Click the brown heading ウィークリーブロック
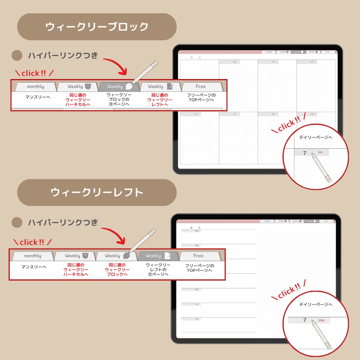pyautogui.click(x=97, y=27)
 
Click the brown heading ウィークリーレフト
pyautogui.click(x=97, y=193)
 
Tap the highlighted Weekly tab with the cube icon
pyautogui.click(x=119, y=86)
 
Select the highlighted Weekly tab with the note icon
pyautogui.click(x=158, y=256)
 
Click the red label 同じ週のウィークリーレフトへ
pyautogui.click(x=160, y=100)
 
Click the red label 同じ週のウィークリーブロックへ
pyautogui.click(x=119, y=270)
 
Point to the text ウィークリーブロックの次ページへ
pyautogui.click(x=119, y=100)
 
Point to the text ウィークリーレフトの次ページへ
pyautogui.click(x=158, y=270)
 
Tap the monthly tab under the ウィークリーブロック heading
pyautogui.click(x=35, y=86)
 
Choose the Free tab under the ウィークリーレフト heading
pyautogui.click(x=199, y=256)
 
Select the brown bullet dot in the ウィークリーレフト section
pyautogui.click(x=17, y=222)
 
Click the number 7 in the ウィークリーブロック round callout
pyautogui.click(x=305, y=153)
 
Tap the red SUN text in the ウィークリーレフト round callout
pyautogui.click(x=321, y=320)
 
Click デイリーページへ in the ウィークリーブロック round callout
pyautogui.click(x=315, y=137)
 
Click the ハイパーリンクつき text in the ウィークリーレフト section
pyautogui.click(x=63, y=222)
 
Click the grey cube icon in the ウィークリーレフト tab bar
pyautogui.click(x=126, y=256)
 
